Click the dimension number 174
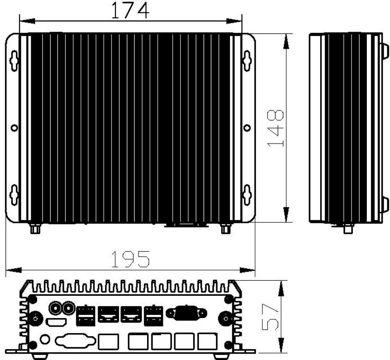point(130,10)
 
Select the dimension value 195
point(131,259)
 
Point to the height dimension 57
point(270,317)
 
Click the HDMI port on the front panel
point(56,322)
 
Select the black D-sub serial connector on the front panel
point(186,312)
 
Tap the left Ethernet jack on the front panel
point(108,314)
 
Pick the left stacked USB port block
point(86,315)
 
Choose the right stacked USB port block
point(153,315)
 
